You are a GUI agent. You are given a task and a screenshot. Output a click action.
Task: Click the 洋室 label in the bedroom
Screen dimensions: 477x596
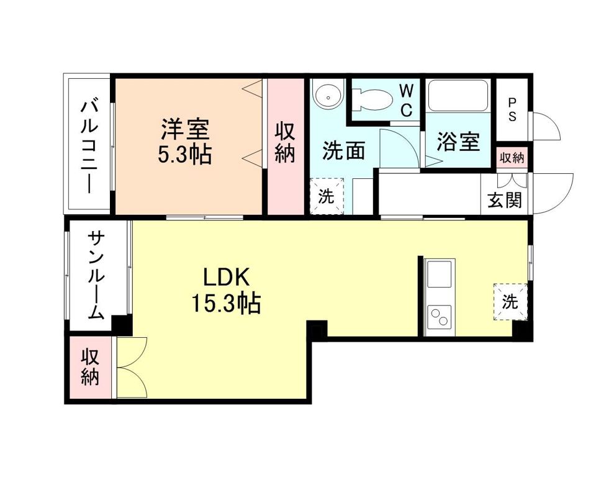(185, 129)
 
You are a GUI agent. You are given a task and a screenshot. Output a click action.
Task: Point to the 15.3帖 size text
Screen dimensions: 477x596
(225, 304)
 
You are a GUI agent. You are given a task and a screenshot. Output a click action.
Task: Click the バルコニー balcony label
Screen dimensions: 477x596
(88, 145)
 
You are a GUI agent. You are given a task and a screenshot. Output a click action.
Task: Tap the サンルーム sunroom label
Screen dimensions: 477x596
(96, 274)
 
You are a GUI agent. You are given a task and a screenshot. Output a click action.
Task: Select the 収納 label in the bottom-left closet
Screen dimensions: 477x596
(91, 367)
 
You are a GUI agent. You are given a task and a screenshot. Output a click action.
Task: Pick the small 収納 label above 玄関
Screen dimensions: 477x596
(512, 158)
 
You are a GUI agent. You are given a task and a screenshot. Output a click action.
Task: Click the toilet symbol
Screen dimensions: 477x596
(372, 98)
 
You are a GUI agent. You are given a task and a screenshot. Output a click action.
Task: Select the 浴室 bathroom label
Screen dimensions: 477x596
(458, 142)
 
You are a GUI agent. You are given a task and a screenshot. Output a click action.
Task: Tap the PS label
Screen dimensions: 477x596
(513, 109)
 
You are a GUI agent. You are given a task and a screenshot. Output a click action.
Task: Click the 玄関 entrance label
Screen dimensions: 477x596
(505, 200)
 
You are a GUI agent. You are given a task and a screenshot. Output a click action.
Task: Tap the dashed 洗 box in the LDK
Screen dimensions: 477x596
(510, 302)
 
